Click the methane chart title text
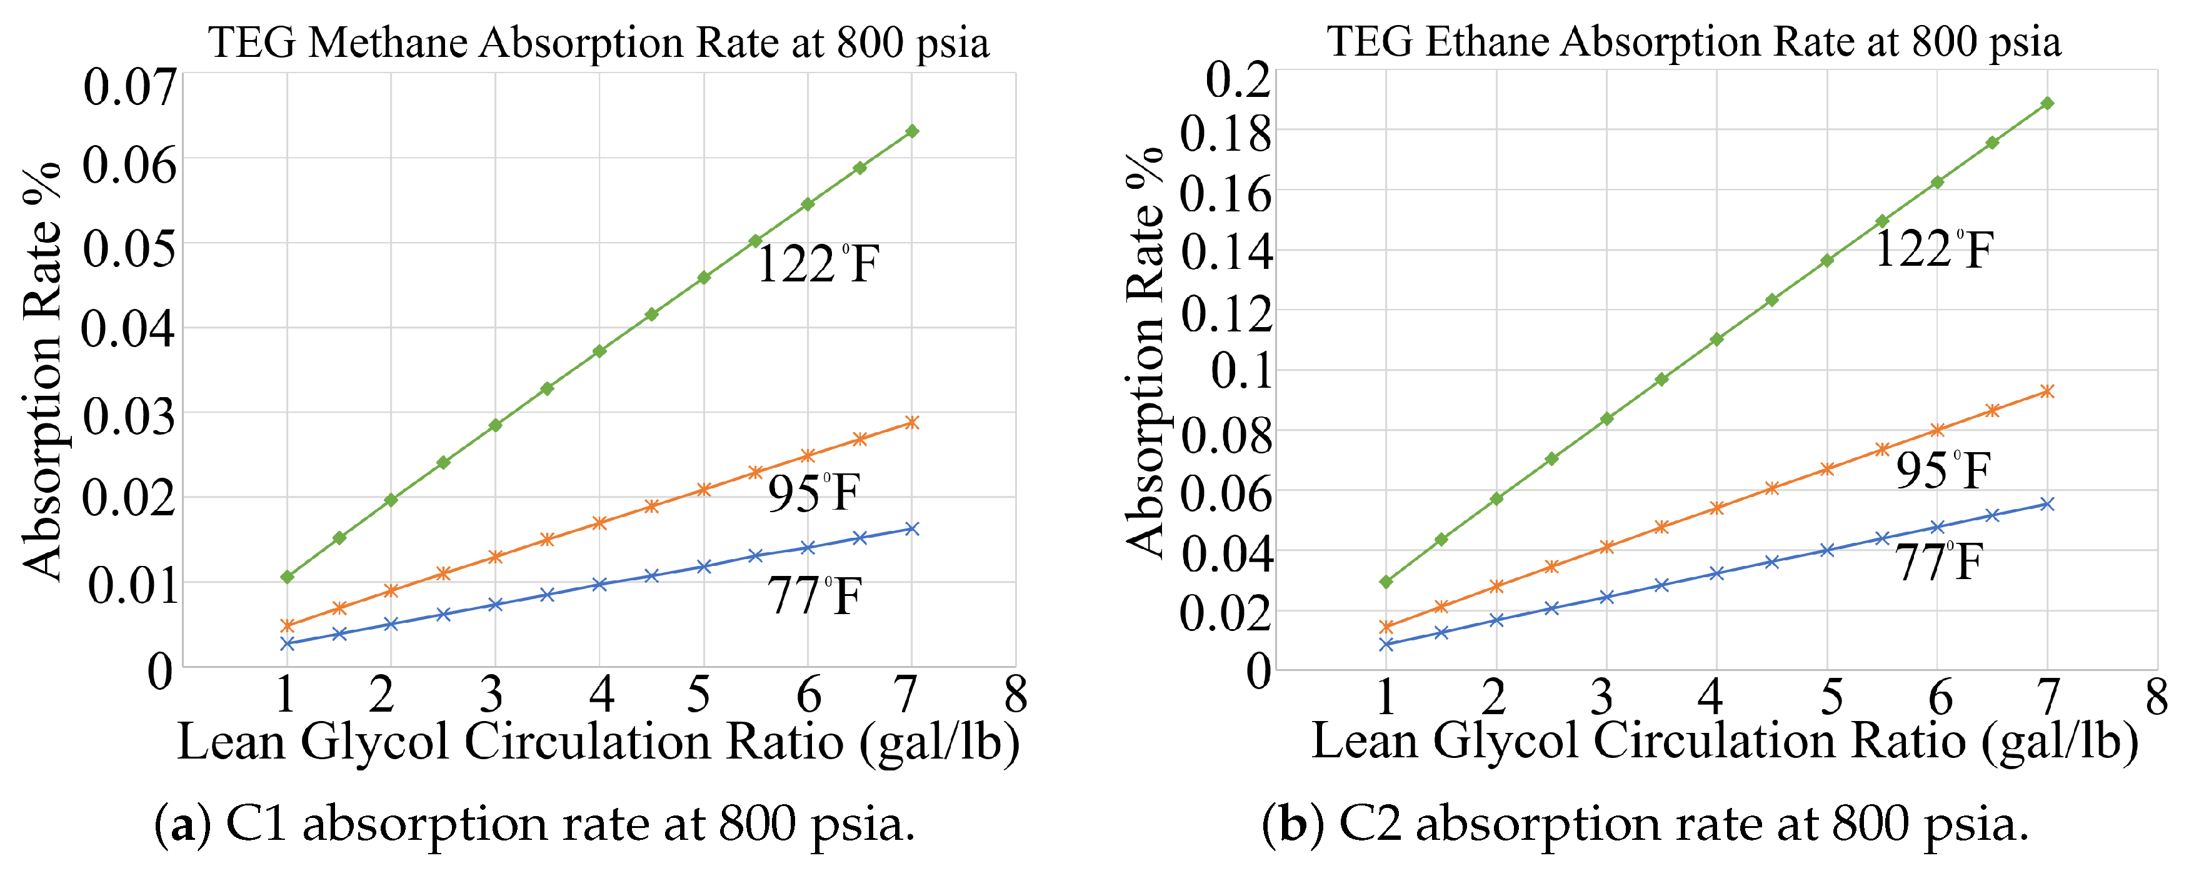[599, 43]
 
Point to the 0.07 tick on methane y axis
[129, 87]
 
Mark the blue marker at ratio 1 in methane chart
[288, 644]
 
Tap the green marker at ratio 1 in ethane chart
[1386, 582]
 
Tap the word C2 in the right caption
[1370, 824]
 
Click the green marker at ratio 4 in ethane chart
[1716, 339]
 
